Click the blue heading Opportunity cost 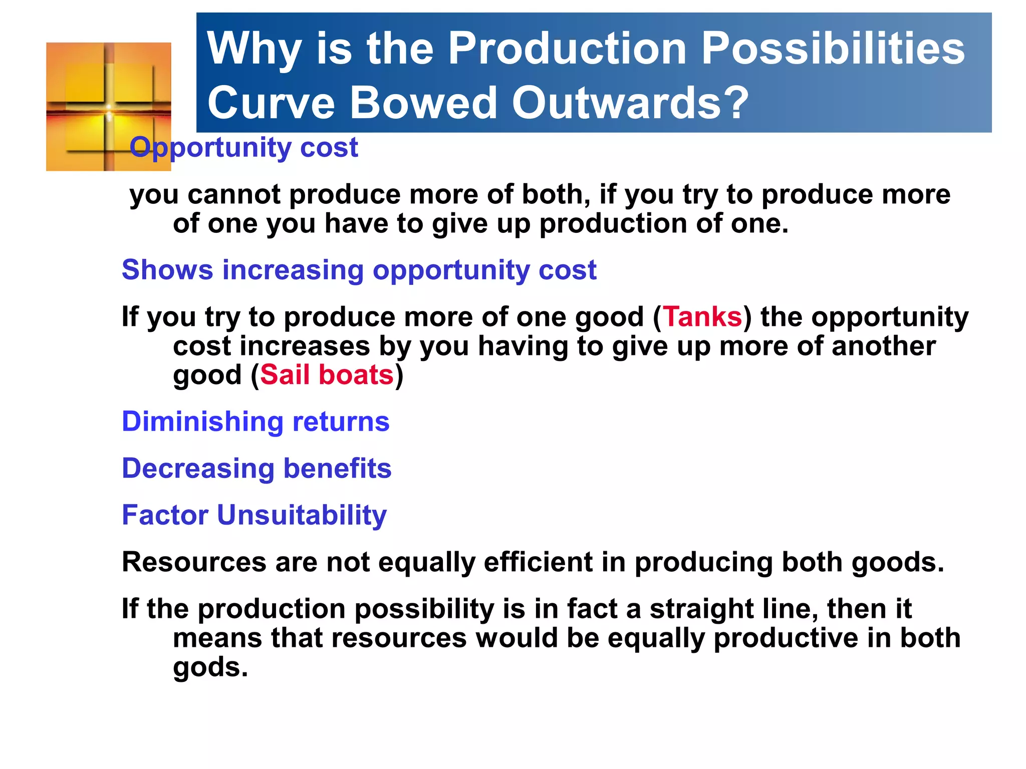243,148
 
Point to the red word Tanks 702,317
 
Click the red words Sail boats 327,375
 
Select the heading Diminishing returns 255,422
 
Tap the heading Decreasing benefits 256,469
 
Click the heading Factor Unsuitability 254,515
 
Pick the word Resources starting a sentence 194,562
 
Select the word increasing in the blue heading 293,270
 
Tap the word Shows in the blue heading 167,270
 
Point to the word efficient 538,562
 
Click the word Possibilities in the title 832,49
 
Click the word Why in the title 253,49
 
